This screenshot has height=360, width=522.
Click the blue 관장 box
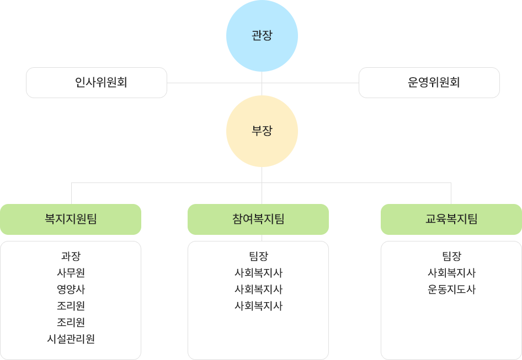pos(262,36)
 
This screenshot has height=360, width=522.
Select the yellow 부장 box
pos(262,131)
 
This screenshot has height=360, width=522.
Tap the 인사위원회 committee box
pos(97,83)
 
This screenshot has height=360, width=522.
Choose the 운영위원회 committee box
pos(429,83)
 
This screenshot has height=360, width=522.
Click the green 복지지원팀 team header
pos(71,219)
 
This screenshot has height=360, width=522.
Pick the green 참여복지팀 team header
pos(258,219)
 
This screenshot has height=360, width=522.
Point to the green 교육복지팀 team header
pos(451,219)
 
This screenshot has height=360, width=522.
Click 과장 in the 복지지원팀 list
pos(71,256)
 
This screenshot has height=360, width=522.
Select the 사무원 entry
pos(71,273)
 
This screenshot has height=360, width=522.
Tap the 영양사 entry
pos(71,289)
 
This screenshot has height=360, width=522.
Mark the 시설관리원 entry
pos(71,339)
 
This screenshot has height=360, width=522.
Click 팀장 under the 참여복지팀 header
pos(258,256)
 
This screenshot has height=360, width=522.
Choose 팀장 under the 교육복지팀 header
pos(451,256)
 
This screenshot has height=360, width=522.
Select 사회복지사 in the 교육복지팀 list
pos(451,273)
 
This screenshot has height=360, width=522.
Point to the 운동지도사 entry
pos(451,289)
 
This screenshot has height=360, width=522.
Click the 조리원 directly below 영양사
pos(71,306)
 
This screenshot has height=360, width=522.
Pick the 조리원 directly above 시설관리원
pos(71,323)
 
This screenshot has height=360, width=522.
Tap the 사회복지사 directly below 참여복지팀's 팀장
pos(258,273)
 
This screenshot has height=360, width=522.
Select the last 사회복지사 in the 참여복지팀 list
pos(258,306)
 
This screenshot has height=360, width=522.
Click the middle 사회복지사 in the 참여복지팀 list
pos(258,289)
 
